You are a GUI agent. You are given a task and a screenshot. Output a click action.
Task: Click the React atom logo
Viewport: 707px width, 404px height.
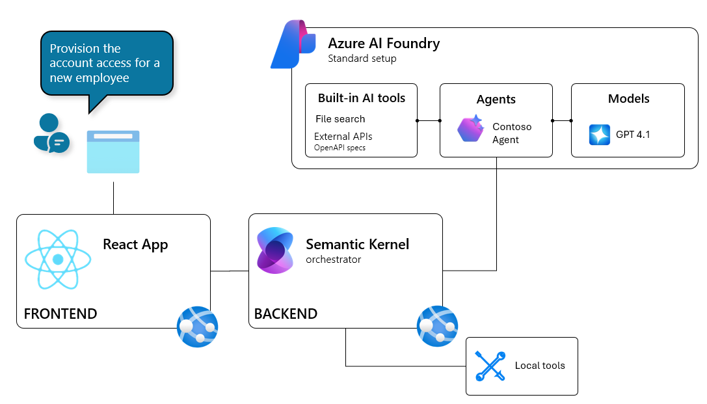click(x=58, y=260)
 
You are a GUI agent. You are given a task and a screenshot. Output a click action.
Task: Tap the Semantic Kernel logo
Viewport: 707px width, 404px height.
click(x=275, y=250)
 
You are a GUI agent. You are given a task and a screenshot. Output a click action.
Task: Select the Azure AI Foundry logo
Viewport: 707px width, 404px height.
click(x=293, y=44)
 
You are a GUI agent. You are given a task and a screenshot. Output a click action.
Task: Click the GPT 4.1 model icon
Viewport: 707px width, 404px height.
click(x=599, y=135)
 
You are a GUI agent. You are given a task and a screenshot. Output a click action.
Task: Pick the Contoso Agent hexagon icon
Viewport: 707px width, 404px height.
click(x=470, y=129)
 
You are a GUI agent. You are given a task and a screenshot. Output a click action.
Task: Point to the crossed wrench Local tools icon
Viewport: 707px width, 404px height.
click(x=490, y=366)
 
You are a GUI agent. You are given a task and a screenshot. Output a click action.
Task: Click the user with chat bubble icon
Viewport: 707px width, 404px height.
click(x=51, y=133)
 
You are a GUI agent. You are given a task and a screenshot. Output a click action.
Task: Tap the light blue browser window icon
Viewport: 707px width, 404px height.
click(x=113, y=152)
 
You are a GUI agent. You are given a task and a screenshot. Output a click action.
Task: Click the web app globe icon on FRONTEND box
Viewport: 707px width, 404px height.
click(x=198, y=327)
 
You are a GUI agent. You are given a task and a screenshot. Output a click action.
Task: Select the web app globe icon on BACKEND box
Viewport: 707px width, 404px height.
click(x=437, y=326)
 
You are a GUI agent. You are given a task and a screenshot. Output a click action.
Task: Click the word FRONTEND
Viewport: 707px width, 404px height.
click(x=60, y=314)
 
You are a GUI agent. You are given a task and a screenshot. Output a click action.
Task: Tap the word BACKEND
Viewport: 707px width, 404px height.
click(x=286, y=314)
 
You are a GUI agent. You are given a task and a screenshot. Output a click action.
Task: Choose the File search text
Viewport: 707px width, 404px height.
click(x=340, y=119)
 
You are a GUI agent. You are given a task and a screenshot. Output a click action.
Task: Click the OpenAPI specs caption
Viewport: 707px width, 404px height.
click(x=340, y=148)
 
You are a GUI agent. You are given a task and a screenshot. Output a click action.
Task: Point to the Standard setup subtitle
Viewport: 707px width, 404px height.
click(x=362, y=59)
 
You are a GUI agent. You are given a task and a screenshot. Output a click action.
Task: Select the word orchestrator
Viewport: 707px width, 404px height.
click(x=333, y=260)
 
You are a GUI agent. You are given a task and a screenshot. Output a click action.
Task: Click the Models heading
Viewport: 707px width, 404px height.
click(x=628, y=99)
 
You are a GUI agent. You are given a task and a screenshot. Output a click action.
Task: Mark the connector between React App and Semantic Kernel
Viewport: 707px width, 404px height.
click(x=230, y=271)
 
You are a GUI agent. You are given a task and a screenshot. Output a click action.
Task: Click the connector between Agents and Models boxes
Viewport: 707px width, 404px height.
click(x=562, y=120)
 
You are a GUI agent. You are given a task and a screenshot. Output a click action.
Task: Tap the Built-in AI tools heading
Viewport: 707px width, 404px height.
click(x=362, y=98)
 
